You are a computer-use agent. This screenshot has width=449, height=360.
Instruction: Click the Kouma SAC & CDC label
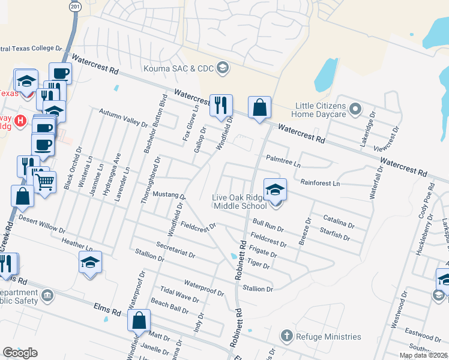178,67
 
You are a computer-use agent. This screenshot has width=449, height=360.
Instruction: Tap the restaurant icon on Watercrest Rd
221,106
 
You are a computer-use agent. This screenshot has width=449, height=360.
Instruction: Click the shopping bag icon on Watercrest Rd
259,108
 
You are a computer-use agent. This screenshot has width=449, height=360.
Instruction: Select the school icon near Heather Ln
90,263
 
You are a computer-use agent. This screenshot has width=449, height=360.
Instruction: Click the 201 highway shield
74,5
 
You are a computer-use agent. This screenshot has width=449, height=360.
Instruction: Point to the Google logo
20,353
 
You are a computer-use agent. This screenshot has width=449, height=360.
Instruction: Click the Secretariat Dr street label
175,250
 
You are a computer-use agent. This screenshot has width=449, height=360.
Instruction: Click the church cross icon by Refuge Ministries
286,335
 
